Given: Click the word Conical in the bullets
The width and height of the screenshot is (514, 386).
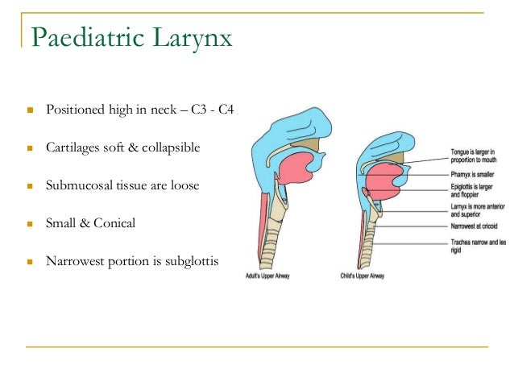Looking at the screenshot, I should click(114, 223).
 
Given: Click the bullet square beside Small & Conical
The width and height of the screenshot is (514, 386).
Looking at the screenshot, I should click(28, 223).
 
